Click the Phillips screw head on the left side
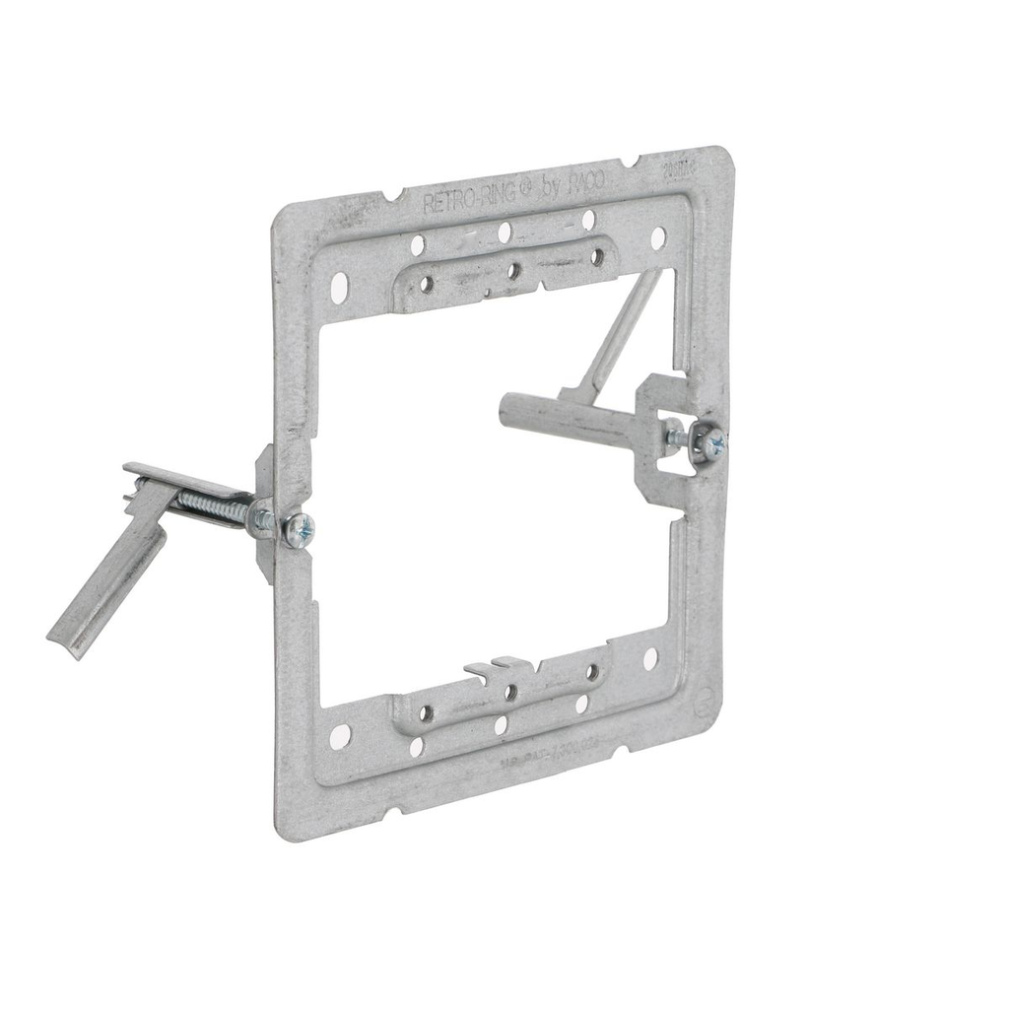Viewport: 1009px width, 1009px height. [x=298, y=530]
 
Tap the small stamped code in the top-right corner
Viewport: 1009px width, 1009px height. [x=706, y=169]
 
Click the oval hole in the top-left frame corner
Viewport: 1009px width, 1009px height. [x=338, y=286]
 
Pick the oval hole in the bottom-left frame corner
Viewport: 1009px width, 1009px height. [x=340, y=736]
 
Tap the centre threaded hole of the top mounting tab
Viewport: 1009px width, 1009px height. [x=512, y=269]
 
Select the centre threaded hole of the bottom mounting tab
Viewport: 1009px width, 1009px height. [x=510, y=692]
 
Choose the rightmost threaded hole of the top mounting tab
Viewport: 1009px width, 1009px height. [x=596, y=256]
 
